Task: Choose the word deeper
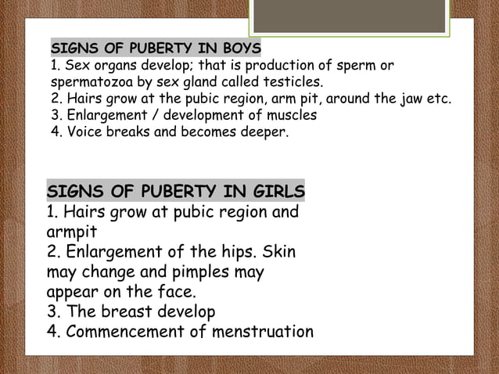click(x=264, y=132)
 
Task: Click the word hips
click(x=237, y=254)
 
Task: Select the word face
click(x=172, y=293)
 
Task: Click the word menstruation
click(x=260, y=332)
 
